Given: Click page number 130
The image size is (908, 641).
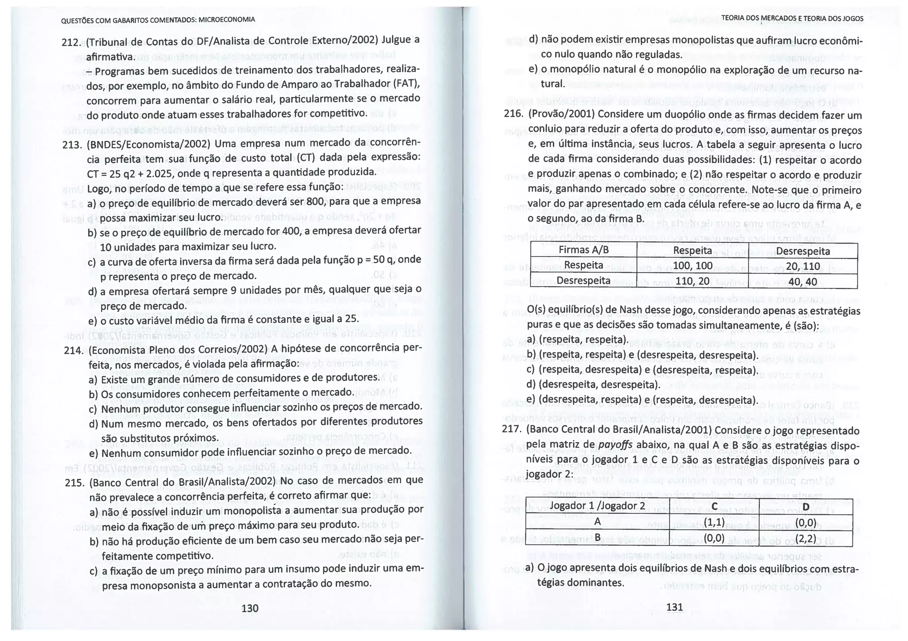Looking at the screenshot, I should pos(250,608).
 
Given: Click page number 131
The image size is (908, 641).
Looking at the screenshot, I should pos(674,607).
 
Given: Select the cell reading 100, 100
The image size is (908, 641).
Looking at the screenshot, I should pos(692,265).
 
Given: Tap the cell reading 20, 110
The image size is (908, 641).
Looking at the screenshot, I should pos(802,266).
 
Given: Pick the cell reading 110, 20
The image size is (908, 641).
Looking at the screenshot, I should pos(692,280).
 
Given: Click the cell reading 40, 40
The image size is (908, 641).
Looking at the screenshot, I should pos(802,281).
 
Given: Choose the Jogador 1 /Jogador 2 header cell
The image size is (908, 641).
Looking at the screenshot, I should pos(597,506).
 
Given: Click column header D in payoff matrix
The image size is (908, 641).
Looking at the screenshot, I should pos(806,507).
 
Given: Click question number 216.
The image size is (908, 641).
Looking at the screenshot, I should pos(514,113).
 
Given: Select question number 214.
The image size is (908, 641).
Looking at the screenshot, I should pos(73,350).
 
